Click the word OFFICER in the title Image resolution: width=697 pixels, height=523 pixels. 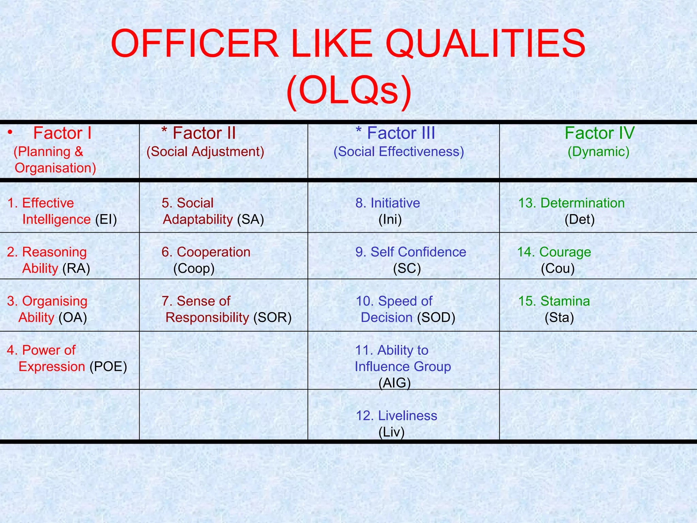click(x=195, y=44)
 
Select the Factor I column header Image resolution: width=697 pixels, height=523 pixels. click(x=62, y=133)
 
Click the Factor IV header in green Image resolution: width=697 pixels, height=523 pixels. click(x=599, y=133)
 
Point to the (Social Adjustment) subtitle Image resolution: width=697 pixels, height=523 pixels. click(x=205, y=152)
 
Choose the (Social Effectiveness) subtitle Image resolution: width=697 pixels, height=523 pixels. click(x=399, y=152)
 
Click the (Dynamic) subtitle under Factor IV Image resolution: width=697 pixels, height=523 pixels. click(x=598, y=152)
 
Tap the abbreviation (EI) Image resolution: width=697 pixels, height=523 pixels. click(x=106, y=220)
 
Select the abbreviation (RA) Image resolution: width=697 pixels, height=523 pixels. click(x=76, y=269)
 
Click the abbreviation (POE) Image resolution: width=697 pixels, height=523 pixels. click(x=108, y=367)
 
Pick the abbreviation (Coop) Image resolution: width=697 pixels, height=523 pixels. click(x=194, y=269)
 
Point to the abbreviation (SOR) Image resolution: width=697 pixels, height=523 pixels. click(x=272, y=318)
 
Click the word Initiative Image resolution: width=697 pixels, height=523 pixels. click(x=395, y=203)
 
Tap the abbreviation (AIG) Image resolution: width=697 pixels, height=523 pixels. click(x=394, y=383)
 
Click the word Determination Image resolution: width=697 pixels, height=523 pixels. click(x=582, y=203)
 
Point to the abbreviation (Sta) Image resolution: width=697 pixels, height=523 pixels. click(x=559, y=318)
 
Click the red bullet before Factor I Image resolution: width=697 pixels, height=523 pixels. click(x=10, y=132)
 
